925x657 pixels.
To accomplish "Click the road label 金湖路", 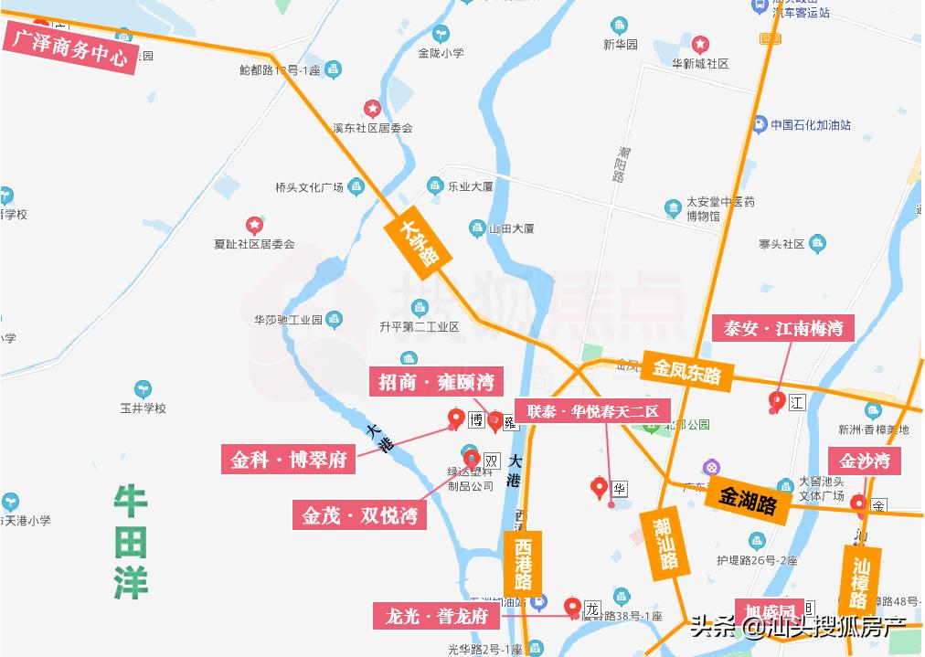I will tap(747, 499).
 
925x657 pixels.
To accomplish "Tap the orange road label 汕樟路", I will tap(859, 581).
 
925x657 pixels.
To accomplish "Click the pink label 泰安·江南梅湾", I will tap(782, 328).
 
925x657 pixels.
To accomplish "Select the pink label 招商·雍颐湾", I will tap(436, 381).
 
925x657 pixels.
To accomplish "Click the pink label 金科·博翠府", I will tap(288, 459).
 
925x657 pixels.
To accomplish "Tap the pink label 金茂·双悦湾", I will tap(359, 515).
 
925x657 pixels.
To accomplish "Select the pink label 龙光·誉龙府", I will tap(436, 616).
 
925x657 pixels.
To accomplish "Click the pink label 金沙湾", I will tap(864, 461).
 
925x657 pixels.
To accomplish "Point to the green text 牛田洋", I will tap(131, 541).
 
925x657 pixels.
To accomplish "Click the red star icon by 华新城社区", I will tap(700, 44).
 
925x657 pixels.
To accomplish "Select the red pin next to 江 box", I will tap(777, 400).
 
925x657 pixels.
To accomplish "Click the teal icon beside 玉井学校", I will tap(143, 389).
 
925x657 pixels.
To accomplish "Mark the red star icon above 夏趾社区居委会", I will tap(254, 225).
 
